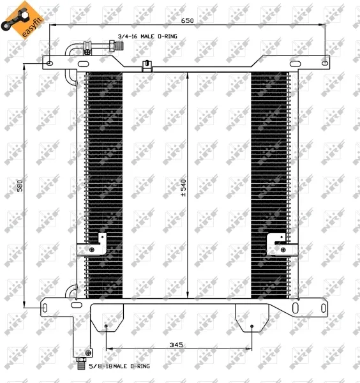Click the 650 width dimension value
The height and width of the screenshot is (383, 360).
(187, 21)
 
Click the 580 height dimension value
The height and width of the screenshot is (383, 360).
(20, 186)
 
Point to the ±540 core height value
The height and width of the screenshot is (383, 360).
(183, 188)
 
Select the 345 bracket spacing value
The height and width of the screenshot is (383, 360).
(176, 345)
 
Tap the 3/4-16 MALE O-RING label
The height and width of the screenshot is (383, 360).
(147, 36)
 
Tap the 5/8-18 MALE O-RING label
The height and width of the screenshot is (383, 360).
(119, 366)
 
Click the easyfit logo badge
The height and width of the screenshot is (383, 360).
(22, 20)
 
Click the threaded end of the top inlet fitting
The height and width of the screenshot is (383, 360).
(119, 45)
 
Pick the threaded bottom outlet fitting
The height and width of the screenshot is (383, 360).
(81, 363)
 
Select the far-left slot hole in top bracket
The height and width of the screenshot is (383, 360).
(50, 64)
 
